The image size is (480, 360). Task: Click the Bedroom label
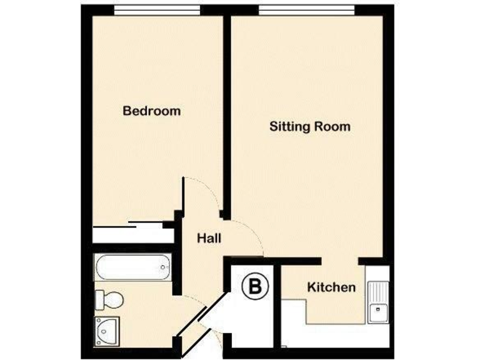click(x=152, y=111)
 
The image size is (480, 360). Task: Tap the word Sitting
click(x=289, y=127)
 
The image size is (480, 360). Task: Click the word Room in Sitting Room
click(x=331, y=127)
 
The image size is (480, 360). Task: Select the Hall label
click(x=209, y=238)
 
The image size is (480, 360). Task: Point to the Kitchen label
click(x=331, y=287)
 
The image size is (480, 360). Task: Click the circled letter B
click(x=255, y=287)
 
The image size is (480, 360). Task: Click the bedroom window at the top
click(x=156, y=9)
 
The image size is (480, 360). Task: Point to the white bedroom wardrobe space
click(x=131, y=235)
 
